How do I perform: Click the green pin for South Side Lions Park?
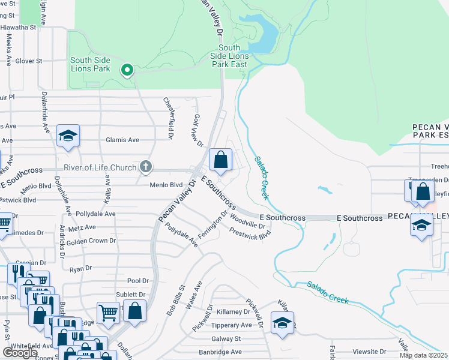tap(127, 71)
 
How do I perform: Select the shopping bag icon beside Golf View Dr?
tap(221, 160)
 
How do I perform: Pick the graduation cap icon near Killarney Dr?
tap(282, 322)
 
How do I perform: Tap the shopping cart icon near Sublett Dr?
tap(108, 312)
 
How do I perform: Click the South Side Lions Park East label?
tap(229, 56)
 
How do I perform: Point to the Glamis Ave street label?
tap(122, 140)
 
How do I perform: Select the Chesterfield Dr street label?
tap(170, 118)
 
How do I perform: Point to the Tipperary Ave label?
tap(231, 325)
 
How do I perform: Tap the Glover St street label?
tap(29, 61)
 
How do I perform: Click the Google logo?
tap(20, 353)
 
